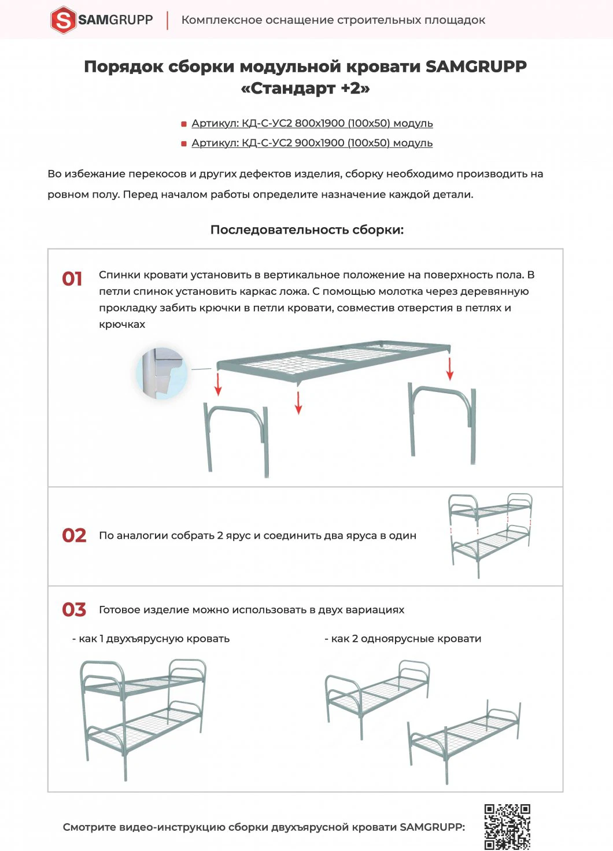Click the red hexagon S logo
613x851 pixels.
[x=64, y=20]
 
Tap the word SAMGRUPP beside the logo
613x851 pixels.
[x=116, y=20]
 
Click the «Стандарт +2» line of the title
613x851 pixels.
[x=305, y=88]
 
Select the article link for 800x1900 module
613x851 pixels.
[x=312, y=124]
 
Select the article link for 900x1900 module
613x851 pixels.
[x=312, y=143]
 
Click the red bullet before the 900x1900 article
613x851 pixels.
[x=184, y=143]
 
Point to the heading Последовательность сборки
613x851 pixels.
[x=306, y=230]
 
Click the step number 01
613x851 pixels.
[x=72, y=279]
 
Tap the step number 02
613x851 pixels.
[x=74, y=536]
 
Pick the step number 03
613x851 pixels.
[x=74, y=610]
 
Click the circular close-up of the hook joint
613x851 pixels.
[x=163, y=373]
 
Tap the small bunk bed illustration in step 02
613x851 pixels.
[x=490, y=535]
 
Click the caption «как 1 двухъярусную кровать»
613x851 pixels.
[x=151, y=639]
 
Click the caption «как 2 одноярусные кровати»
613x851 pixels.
[x=403, y=639]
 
